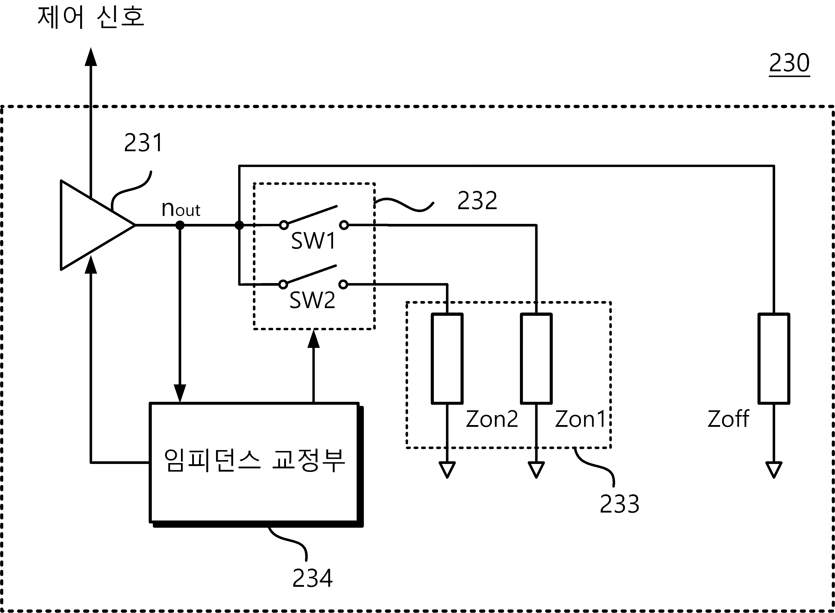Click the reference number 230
pyautogui.click(x=789, y=63)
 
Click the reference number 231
pyautogui.click(x=144, y=143)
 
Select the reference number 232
pyautogui.click(x=477, y=200)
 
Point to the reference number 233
pyautogui.click(x=620, y=504)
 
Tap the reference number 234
pyautogui.click(x=312, y=578)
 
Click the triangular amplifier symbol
pyautogui.click(x=98, y=225)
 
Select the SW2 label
pyautogui.click(x=312, y=300)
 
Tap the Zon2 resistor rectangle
pyautogui.click(x=447, y=358)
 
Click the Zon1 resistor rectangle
pyautogui.click(x=536, y=358)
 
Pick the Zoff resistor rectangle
pyautogui.click(x=774, y=358)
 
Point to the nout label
pyautogui.click(x=181, y=209)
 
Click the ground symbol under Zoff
pyautogui.click(x=774, y=470)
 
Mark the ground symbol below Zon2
pyautogui.click(x=447, y=470)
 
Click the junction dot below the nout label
pyautogui.click(x=180, y=225)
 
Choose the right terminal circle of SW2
pyautogui.click(x=343, y=285)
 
